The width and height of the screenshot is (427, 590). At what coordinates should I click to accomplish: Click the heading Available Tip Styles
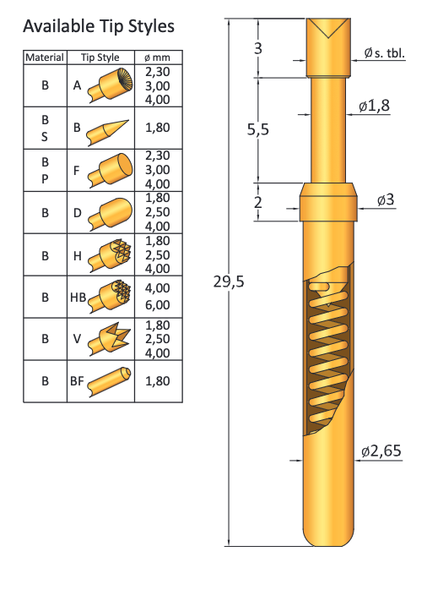coord(99,26)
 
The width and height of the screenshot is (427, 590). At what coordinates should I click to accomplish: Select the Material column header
coord(45,57)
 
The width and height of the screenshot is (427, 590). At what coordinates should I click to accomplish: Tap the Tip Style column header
coord(100,57)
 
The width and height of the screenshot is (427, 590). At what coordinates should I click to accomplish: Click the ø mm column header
coord(158,57)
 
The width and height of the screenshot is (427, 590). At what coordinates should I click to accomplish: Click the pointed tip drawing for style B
coord(109,128)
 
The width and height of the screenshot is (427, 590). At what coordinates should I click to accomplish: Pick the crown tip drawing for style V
coord(111,339)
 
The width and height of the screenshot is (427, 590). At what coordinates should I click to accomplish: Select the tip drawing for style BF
coord(110,381)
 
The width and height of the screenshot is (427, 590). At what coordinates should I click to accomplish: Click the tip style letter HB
coord(78,297)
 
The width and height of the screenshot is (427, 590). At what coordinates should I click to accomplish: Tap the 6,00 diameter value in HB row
coord(158,305)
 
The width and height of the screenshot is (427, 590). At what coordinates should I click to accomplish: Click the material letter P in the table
coord(45,179)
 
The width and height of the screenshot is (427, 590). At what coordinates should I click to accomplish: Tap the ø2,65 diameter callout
coord(381,452)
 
